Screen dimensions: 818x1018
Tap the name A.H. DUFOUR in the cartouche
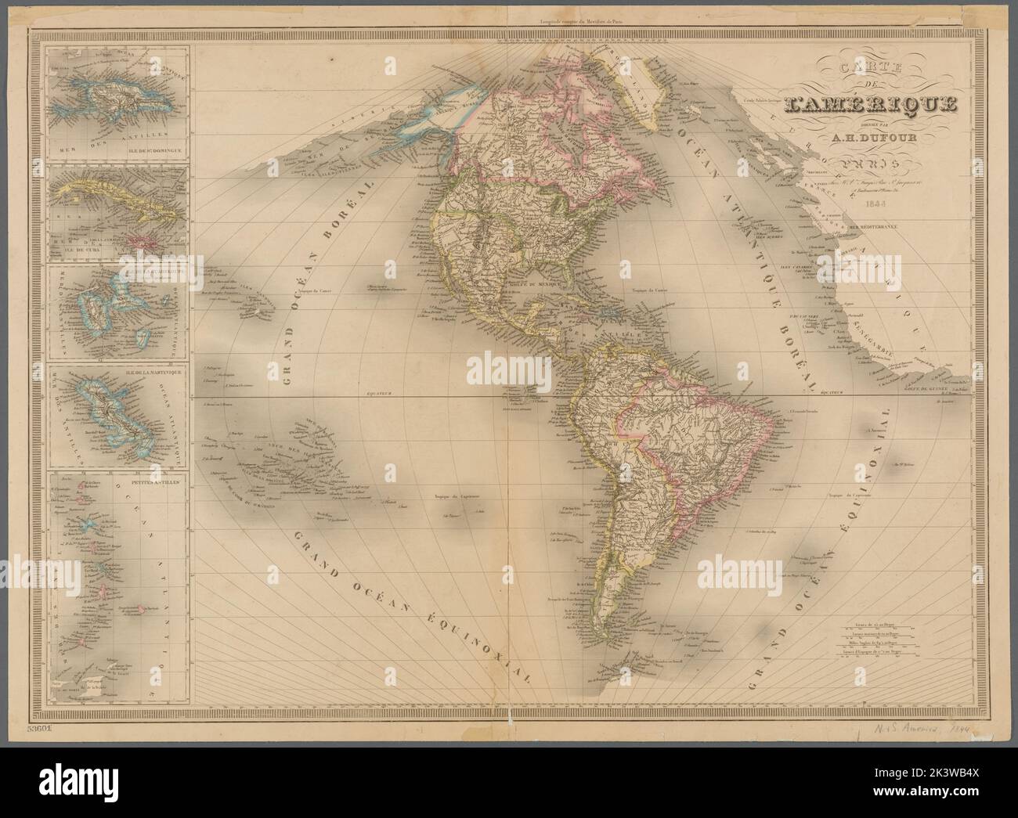(x=862, y=142)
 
